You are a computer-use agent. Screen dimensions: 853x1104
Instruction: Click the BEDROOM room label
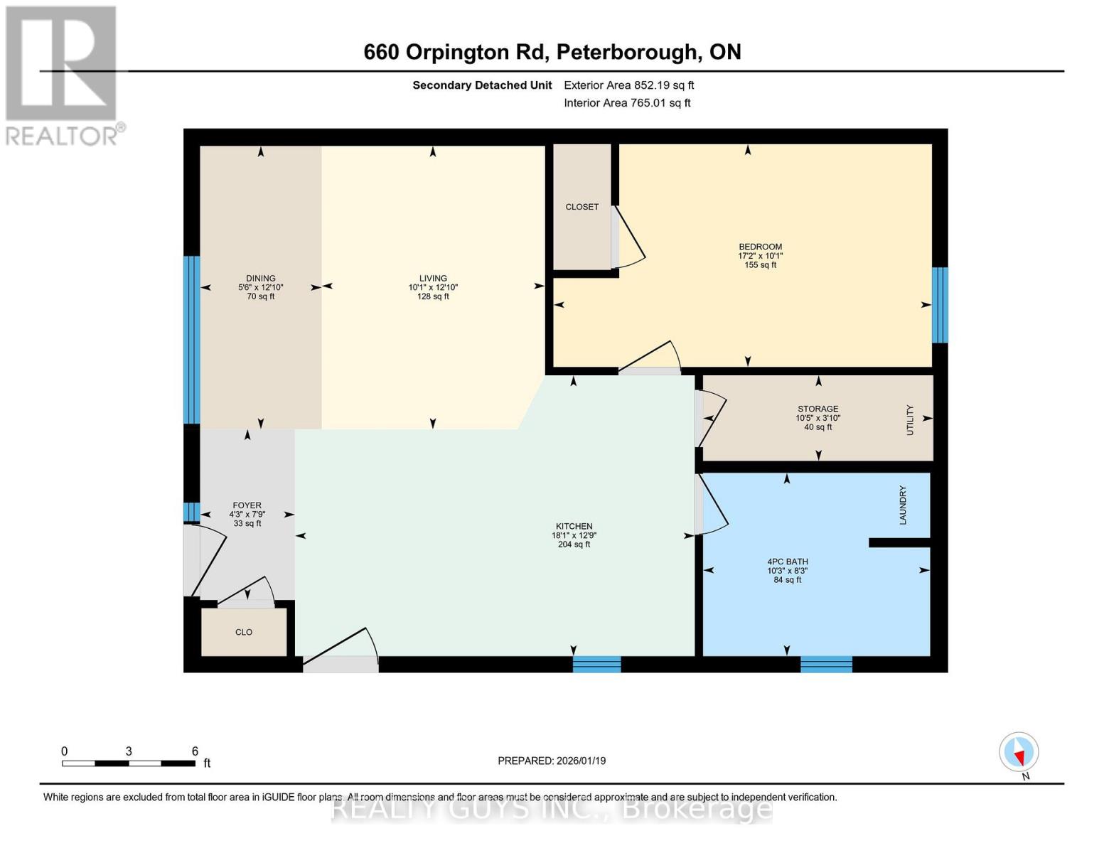click(x=760, y=247)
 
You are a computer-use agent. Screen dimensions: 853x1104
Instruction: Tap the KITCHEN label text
click(x=574, y=527)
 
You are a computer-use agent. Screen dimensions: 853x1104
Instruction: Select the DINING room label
click(x=261, y=279)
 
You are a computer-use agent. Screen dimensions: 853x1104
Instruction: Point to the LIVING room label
click(x=433, y=279)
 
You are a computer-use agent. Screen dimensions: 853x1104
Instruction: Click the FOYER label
click(x=247, y=505)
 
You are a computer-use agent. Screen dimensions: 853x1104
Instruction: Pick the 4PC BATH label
click(x=787, y=562)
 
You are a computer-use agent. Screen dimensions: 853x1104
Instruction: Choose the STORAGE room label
click(x=818, y=409)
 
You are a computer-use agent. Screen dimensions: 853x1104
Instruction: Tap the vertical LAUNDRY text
click(x=903, y=505)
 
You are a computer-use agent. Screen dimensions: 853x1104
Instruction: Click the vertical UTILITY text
click(x=910, y=419)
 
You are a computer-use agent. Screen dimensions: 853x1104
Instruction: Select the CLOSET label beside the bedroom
click(x=582, y=207)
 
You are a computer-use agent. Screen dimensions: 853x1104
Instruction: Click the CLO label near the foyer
click(x=244, y=632)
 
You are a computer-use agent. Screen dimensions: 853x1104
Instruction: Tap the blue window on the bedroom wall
click(x=940, y=304)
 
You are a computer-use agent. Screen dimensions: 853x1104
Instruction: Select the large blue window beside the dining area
click(x=191, y=340)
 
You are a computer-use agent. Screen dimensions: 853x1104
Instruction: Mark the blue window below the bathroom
click(x=826, y=664)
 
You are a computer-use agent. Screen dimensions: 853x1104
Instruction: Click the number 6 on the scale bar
click(x=195, y=751)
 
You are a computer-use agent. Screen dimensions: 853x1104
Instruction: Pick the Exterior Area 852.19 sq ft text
click(x=628, y=85)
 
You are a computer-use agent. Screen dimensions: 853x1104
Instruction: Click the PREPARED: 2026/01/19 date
click(x=552, y=761)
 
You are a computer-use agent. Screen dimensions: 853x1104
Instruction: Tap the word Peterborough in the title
click(x=626, y=52)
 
